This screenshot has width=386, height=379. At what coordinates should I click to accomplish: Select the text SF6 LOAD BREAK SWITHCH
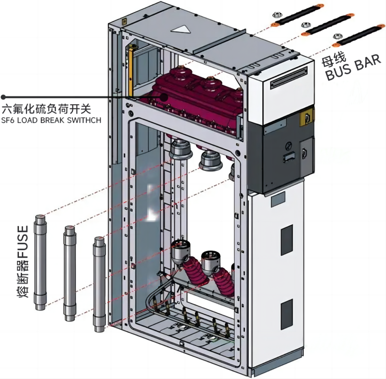(x=51, y=120)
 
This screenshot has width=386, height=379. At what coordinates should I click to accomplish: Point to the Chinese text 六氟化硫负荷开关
(x=46, y=109)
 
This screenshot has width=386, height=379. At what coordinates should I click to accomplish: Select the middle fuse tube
(x=70, y=273)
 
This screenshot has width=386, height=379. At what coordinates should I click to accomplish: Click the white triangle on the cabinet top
(x=181, y=29)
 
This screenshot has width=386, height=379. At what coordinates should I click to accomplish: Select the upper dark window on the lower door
(x=287, y=234)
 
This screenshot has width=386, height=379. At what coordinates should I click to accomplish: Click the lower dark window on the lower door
(x=287, y=308)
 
